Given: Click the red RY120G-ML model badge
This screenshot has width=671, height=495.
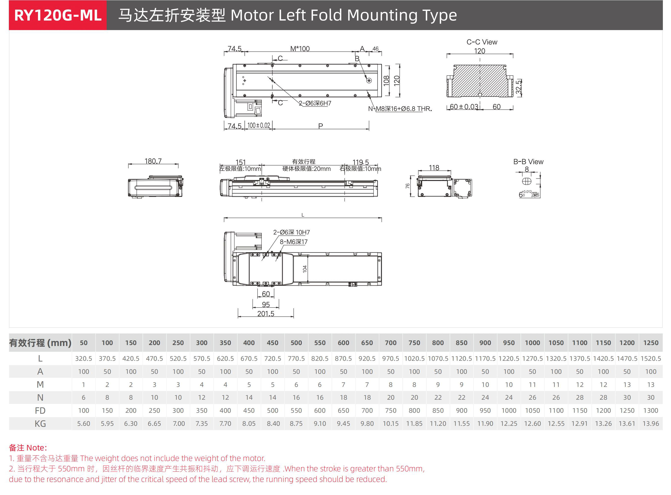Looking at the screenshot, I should (58, 15).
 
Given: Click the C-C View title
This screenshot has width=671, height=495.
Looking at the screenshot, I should (482, 42).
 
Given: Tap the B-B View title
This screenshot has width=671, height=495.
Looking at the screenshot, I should (528, 162).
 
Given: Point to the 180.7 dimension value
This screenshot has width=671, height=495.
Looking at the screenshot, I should (153, 161).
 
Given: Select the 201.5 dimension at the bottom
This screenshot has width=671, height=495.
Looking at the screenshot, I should (266, 314).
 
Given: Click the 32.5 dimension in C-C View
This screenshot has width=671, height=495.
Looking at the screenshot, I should (518, 87).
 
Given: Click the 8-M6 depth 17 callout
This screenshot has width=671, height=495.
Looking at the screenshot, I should (294, 242).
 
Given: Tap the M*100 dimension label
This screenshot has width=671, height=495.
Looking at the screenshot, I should (300, 49).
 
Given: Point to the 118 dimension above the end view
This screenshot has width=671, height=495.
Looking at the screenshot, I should (434, 168).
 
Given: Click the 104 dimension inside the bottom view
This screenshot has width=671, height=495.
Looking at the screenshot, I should (305, 269).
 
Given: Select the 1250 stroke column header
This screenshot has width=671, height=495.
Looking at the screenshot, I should (651, 343).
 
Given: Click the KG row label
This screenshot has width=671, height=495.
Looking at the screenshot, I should (40, 424).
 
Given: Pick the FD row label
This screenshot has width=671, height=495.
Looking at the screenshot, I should (40, 411).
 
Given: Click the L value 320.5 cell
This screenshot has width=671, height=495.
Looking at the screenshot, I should (83, 358).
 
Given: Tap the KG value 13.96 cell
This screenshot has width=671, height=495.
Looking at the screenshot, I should (651, 424).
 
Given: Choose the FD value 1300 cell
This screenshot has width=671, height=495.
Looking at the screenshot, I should (651, 411).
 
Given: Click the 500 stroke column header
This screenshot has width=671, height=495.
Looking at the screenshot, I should (296, 343).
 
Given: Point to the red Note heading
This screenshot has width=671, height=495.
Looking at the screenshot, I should (28, 448).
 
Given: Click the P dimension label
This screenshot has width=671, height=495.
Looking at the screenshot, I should (321, 126).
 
